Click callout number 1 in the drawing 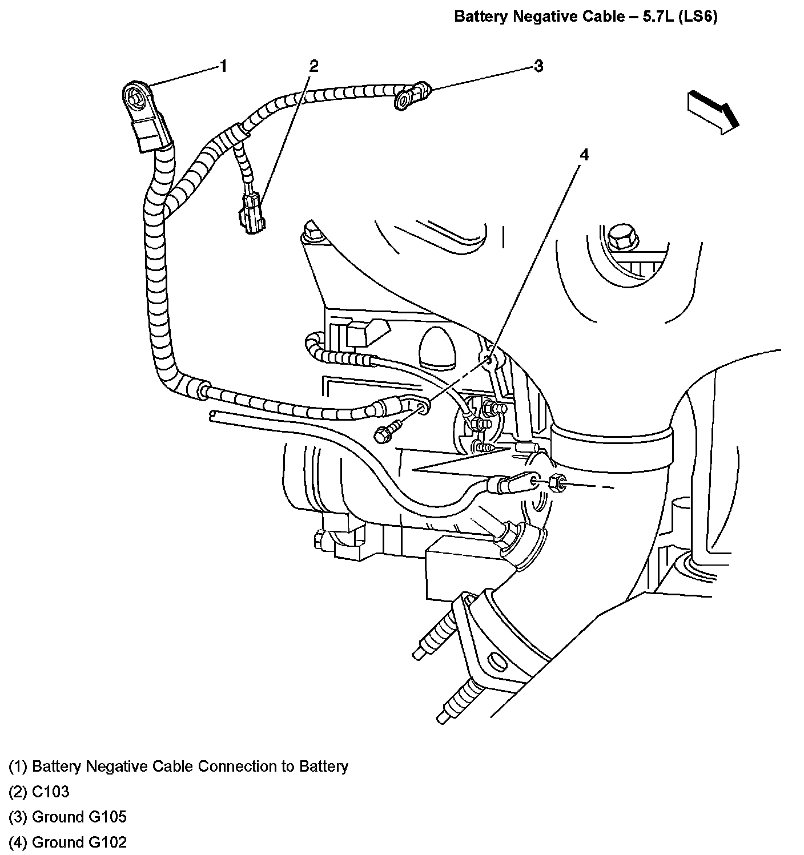224,66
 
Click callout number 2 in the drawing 313,66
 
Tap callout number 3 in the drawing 538,66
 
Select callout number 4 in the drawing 584,155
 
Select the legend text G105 107,817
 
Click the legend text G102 107,842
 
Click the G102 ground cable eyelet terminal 423,406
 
